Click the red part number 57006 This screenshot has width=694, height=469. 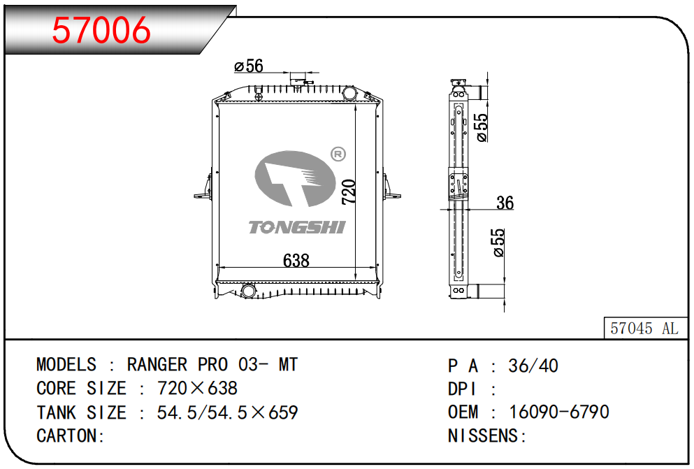[101, 30]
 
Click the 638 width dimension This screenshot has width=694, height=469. [296, 260]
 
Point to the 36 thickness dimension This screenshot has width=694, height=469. [505, 203]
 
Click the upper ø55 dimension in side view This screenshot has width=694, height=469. [482, 128]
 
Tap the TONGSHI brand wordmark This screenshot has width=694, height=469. [297, 227]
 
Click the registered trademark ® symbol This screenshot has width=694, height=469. [337, 154]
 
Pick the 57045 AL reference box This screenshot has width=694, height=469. [644, 329]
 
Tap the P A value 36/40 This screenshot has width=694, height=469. [533, 366]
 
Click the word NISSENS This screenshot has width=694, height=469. [484, 436]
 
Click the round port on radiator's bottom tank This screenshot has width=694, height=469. [248, 290]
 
